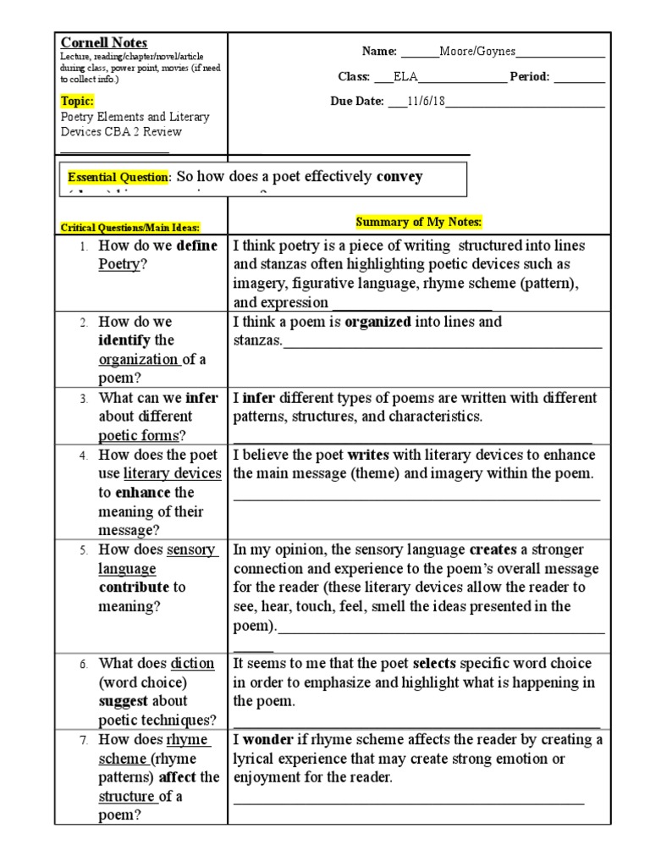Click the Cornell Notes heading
pos(104,42)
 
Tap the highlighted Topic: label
pos(78,101)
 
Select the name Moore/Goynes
pos(477,52)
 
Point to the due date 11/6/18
pos(427,102)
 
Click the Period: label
pos(530,77)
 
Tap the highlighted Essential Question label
pos(119,178)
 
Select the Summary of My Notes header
pos(418,222)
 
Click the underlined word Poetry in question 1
pos(118,264)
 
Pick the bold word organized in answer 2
pos(377,322)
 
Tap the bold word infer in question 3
pos(201,398)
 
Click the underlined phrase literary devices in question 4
pos(173,474)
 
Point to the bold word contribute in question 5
pos(135,588)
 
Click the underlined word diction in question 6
pos(192,664)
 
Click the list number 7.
pos(85,741)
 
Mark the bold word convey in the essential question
pos(399,176)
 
